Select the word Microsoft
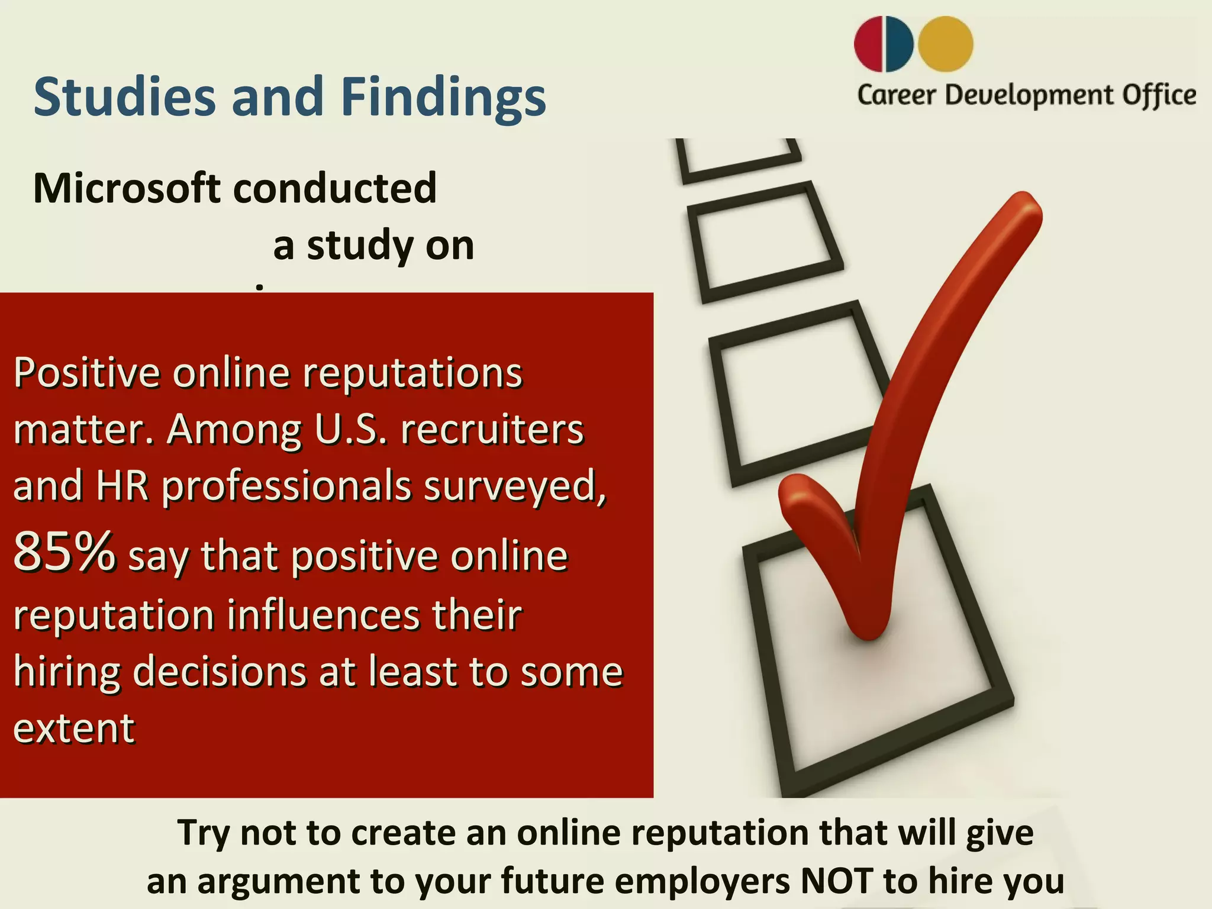click(127, 188)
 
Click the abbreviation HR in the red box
click(123, 486)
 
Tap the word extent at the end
click(74, 727)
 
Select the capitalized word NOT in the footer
click(836, 881)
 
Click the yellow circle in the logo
click(946, 44)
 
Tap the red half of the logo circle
click(869, 44)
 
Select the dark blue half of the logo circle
click(900, 44)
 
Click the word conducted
click(335, 188)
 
